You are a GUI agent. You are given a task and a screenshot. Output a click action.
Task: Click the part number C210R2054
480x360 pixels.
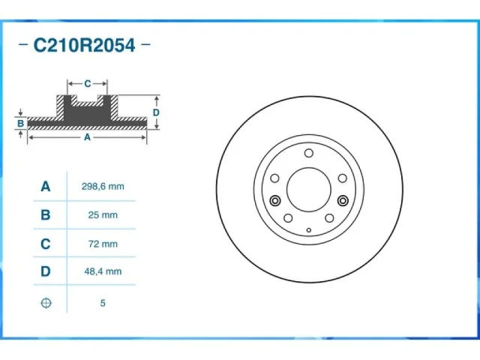tap(84, 45)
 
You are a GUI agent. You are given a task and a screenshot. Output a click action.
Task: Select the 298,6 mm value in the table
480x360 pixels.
tap(103, 187)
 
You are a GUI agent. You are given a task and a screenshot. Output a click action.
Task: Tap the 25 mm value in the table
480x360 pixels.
tap(103, 215)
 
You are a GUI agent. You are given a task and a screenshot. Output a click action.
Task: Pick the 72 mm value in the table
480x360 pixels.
tap(103, 244)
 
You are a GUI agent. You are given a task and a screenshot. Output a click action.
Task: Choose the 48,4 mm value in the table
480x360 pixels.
tap(103, 271)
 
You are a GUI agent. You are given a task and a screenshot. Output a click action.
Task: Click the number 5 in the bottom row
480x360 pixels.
tap(103, 303)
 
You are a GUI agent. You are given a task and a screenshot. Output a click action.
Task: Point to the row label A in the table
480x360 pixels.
tap(46, 186)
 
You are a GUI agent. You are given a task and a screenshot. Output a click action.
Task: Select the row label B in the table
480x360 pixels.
tap(46, 215)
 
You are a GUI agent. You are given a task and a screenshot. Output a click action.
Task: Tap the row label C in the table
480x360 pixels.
tap(46, 244)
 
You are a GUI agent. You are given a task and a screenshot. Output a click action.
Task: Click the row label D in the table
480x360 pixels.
tap(46, 271)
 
